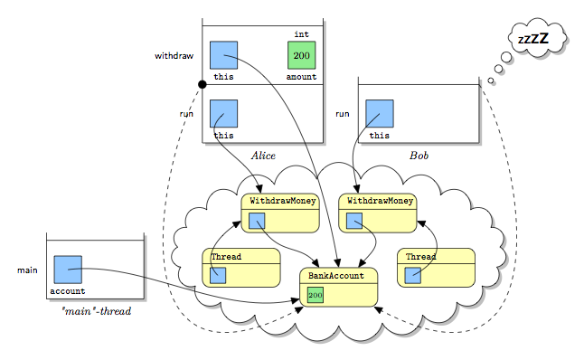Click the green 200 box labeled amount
click(301, 55)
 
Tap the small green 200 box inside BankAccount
click(316, 295)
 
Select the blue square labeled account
click(68, 270)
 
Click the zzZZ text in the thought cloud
click(533, 38)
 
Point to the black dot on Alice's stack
click(203, 85)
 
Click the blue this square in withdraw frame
click(223, 55)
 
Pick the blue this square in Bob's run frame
click(380, 114)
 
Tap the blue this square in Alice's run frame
click(223, 114)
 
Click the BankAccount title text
click(336, 276)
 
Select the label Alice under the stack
click(263, 156)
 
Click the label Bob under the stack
click(419, 156)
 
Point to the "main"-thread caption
click(97, 311)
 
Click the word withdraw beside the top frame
click(174, 56)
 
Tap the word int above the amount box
click(301, 34)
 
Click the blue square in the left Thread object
click(218, 275)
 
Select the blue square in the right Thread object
click(412, 275)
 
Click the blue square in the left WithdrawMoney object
click(257, 221)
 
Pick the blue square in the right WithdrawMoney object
click(354, 221)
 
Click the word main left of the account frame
click(27, 270)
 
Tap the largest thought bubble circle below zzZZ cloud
click(506, 57)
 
